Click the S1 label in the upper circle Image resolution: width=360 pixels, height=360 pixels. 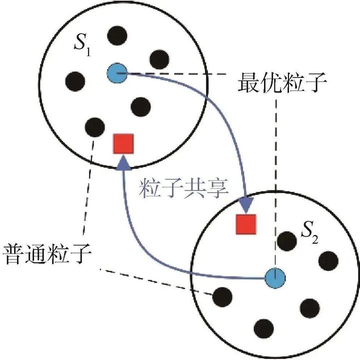[81, 48]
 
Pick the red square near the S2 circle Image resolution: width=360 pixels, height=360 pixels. [246, 223]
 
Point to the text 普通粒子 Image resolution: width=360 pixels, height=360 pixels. [46, 252]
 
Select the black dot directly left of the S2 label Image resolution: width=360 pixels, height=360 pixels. [286, 241]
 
